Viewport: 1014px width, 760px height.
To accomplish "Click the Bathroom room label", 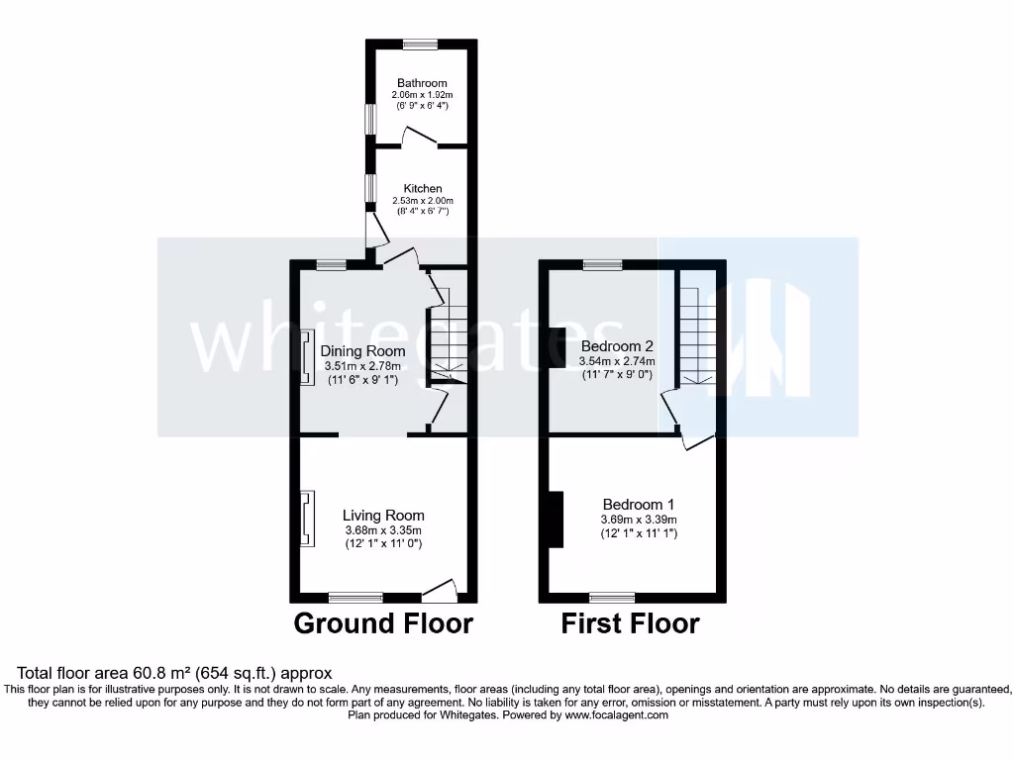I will tap(422, 83).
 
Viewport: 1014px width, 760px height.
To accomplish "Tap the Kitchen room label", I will tap(422, 188).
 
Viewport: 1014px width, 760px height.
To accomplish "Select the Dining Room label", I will tap(362, 351).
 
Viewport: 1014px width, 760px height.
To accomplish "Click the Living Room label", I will tap(383, 515).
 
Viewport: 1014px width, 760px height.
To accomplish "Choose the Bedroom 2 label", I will tap(617, 346).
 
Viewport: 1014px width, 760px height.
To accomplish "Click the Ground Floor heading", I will tap(383, 623).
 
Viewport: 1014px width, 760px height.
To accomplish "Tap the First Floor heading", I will tap(630, 623).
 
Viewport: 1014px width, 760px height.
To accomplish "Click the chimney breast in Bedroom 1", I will tap(556, 519).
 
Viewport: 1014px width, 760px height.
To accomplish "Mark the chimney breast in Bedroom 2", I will tap(557, 339).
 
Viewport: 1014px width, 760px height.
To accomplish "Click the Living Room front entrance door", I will tap(440, 591).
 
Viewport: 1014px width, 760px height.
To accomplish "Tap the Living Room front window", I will tap(355, 597).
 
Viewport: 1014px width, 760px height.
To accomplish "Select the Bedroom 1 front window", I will tap(612, 597).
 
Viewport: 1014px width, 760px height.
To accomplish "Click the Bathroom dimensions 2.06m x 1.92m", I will tap(422, 95).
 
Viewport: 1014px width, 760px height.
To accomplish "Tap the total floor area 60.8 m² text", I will tap(168, 673).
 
